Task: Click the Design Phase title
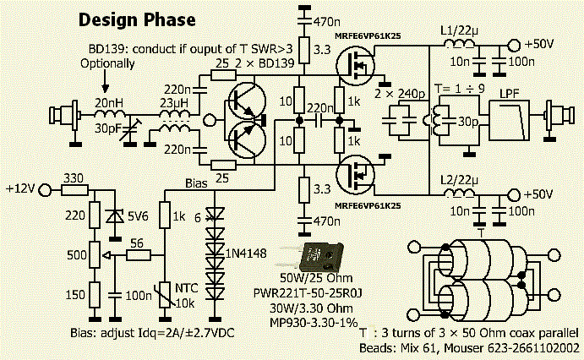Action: coord(137,19)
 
